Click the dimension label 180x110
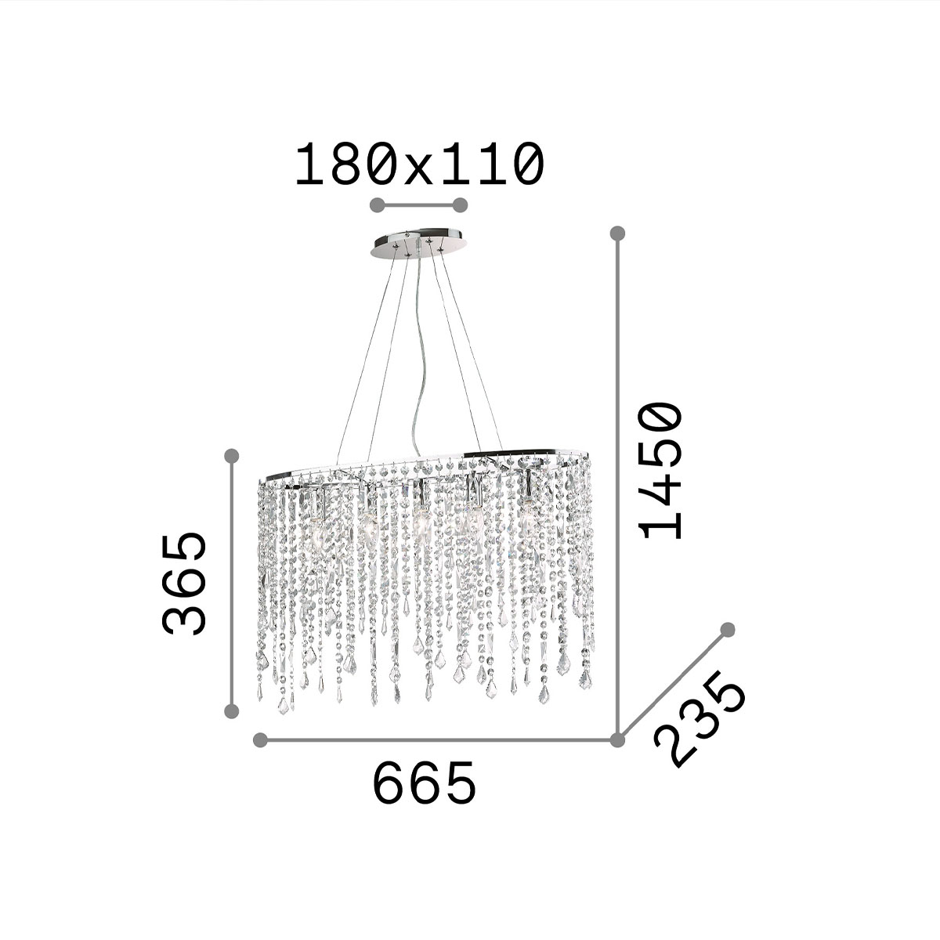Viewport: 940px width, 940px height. pyautogui.click(x=419, y=164)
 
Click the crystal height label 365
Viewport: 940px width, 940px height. pyautogui.click(x=183, y=584)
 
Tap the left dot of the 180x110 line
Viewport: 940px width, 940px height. pyautogui.click(x=378, y=205)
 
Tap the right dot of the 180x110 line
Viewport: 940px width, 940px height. pyautogui.click(x=460, y=205)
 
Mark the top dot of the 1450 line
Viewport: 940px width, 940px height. pyautogui.click(x=617, y=233)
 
